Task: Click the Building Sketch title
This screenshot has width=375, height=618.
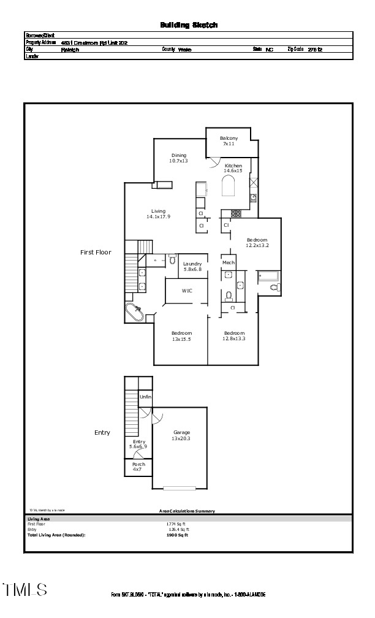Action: coord(189,25)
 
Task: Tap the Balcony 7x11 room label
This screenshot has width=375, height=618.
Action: coord(229,140)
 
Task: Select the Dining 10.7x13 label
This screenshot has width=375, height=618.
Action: coord(178,158)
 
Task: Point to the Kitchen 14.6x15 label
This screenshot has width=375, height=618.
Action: coord(233,168)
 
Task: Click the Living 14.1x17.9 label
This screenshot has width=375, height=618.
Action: coord(158,213)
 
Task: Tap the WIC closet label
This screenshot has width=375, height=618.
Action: coord(187,291)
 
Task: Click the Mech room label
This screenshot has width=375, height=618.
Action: coord(229,262)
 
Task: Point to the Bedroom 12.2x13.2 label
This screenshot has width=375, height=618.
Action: coord(257,242)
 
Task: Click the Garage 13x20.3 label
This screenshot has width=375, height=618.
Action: coord(181,435)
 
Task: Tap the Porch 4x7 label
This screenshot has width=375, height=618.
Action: coord(138,467)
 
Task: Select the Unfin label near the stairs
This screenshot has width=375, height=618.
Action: coord(145,397)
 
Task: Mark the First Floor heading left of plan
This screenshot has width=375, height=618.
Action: coord(96,252)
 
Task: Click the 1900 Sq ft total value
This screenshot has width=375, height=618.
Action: coord(177,535)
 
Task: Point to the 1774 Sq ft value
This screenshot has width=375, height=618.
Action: coord(177,524)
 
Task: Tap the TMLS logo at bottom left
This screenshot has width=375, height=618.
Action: coord(25,590)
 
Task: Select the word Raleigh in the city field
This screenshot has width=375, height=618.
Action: coord(70,50)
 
